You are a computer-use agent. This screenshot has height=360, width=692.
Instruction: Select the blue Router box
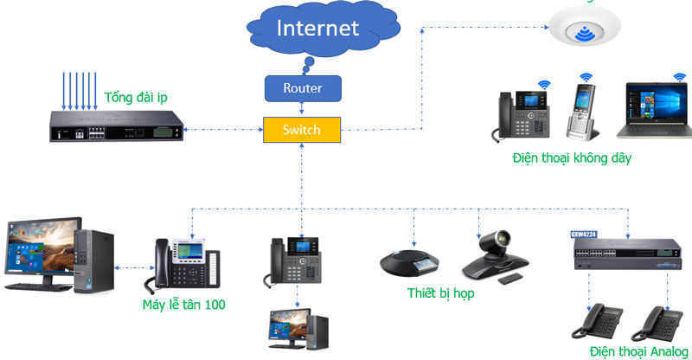pos(302,87)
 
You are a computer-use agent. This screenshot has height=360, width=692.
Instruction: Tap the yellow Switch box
pos(301,130)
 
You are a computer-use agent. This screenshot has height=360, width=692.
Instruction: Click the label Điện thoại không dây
pos(572,157)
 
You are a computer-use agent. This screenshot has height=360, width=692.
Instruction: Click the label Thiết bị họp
pos(442,292)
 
